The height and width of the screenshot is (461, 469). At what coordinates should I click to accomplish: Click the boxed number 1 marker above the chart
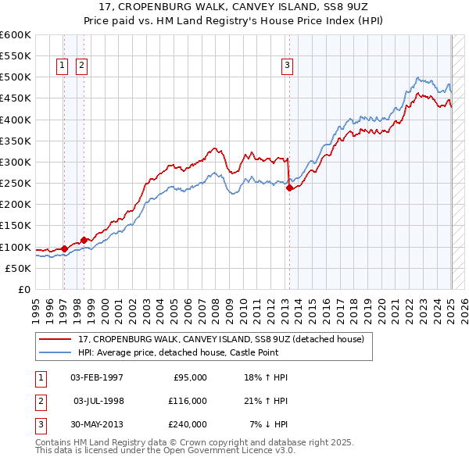(62, 66)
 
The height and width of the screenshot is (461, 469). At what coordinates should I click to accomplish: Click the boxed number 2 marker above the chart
(81, 66)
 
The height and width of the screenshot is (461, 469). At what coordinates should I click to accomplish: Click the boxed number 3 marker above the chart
(288, 66)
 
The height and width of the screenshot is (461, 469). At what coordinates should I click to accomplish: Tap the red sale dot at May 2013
(289, 188)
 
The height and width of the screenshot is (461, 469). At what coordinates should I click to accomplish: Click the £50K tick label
(18, 268)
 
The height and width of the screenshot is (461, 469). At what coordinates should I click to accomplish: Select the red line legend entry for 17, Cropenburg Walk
(221, 339)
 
